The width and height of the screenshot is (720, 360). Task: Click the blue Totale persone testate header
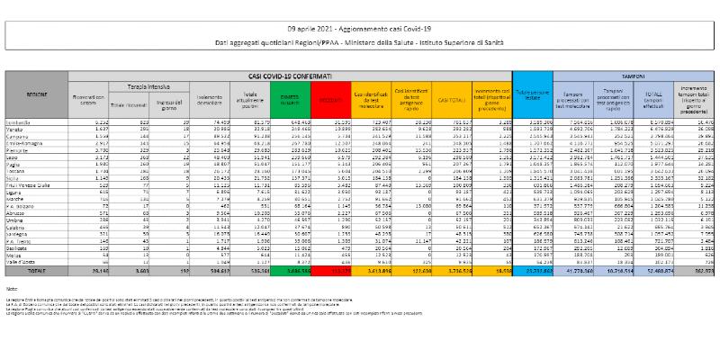(533, 93)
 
